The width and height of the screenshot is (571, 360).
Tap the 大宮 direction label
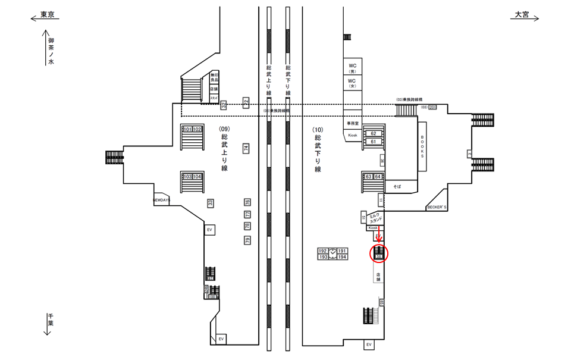[x=522, y=15]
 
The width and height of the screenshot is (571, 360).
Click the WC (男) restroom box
[x=352, y=67]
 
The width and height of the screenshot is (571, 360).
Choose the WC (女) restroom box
[x=352, y=82]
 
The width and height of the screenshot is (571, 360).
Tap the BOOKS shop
[x=422, y=146]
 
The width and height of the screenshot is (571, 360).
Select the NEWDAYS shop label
[x=162, y=201]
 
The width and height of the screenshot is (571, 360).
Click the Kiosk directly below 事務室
[x=353, y=136]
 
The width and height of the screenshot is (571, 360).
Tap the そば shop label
[x=397, y=186]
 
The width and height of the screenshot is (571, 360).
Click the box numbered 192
[x=324, y=251]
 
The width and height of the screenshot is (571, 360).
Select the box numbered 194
[x=342, y=257]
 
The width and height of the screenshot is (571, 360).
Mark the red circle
[x=379, y=254]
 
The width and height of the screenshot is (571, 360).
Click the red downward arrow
[x=379, y=238]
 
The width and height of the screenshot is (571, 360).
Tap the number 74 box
[x=246, y=148]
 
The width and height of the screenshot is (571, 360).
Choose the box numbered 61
[x=374, y=142]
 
